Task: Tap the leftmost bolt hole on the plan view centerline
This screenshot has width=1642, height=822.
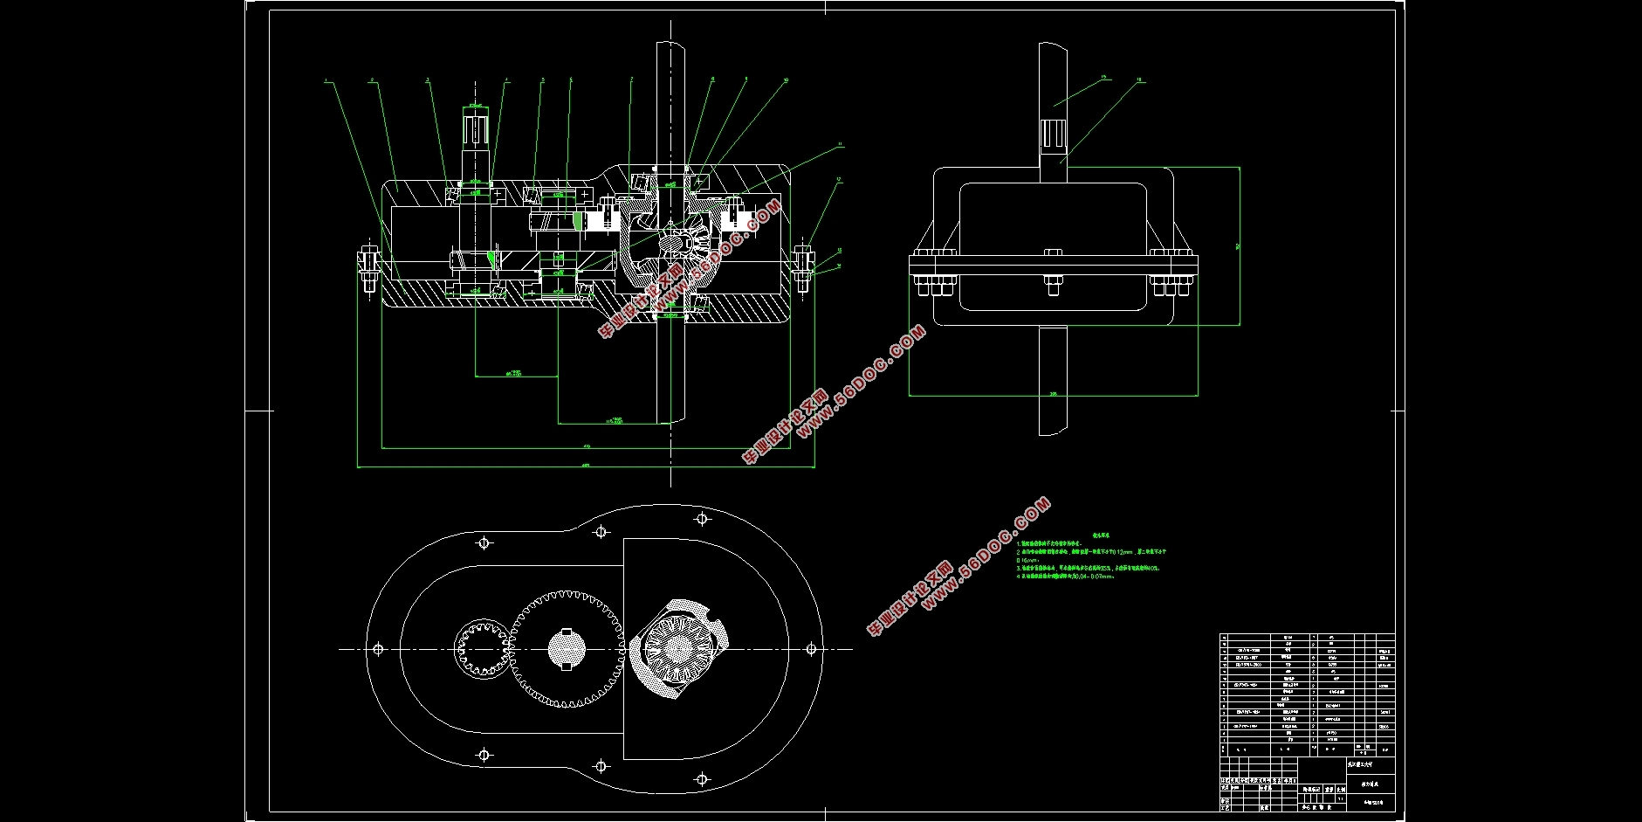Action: coord(378,649)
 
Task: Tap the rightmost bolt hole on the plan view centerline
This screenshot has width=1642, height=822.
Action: coord(811,649)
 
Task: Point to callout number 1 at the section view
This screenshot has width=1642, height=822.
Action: coord(326,81)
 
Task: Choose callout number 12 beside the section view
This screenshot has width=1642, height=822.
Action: coord(838,180)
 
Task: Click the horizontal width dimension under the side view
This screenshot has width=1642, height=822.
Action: coord(1053,394)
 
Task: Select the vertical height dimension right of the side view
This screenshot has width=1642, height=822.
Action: coord(1240,246)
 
